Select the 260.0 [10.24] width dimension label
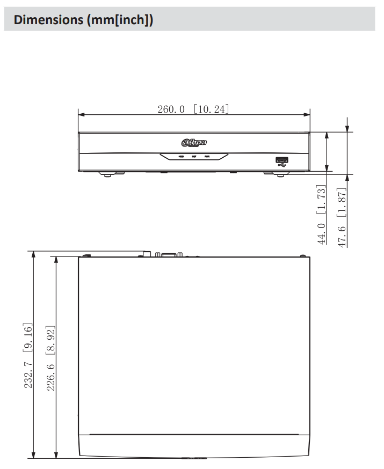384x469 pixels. tap(193, 109)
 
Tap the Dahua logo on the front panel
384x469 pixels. tap(194, 143)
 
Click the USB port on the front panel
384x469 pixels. tap(281, 159)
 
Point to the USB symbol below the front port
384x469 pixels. tap(281, 165)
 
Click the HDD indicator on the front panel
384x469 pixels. tap(182, 157)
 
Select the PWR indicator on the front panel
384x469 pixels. tap(207, 157)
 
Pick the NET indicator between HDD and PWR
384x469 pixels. tap(194, 157)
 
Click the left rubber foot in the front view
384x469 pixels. tap(107, 173)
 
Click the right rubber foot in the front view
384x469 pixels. tap(272, 173)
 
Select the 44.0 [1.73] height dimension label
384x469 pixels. tap(322, 215)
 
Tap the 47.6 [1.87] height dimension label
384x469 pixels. tap(342, 217)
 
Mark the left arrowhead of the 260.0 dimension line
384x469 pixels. tap(81, 114)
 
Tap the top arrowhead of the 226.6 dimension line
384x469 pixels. tap(56, 260)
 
